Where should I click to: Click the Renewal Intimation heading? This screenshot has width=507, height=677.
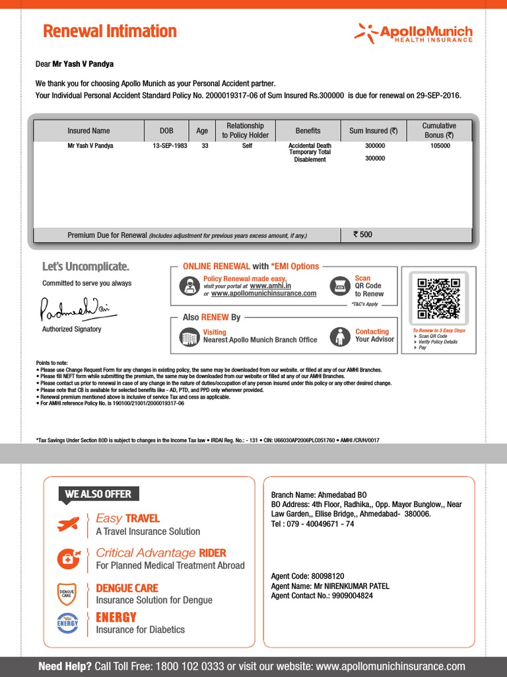tap(110, 32)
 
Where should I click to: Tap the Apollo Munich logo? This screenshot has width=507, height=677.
tap(414, 33)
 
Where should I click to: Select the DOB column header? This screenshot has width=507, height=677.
tap(166, 131)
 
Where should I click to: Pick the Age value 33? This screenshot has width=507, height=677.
tap(205, 145)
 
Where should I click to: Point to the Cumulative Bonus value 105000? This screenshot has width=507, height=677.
tap(439, 145)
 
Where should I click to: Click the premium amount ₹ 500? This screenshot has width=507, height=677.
tap(363, 235)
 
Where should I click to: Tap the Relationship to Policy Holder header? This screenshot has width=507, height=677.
tap(245, 130)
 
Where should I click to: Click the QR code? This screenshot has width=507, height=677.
tap(438, 299)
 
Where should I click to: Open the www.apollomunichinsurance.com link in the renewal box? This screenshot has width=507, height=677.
tap(263, 294)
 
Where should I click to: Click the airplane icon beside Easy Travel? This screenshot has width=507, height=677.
tap(69, 525)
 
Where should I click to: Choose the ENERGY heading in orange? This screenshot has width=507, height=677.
tap(116, 617)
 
